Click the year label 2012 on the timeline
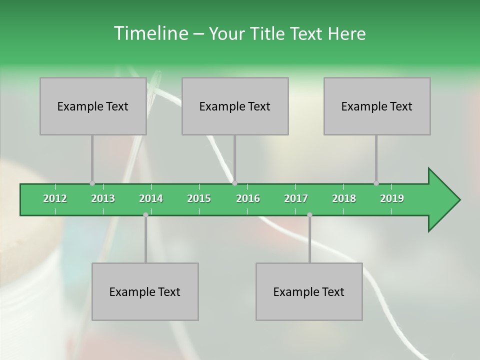coord(55,198)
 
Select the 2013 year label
coord(103,198)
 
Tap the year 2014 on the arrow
coord(151,198)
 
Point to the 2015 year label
coord(199,198)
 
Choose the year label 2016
coord(248,198)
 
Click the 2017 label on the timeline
coord(296,198)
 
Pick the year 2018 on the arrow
coord(344,198)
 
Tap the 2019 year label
coord(392,198)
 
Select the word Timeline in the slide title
coord(150,33)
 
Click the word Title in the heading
coord(268,33)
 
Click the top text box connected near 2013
coord(93,106)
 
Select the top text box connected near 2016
coord(235,106)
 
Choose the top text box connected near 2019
coord(377,106)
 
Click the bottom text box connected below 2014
coord(145,291)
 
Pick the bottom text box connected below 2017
coord(309,291)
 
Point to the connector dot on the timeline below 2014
coord(145,214)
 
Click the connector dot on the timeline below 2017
coord(309,214)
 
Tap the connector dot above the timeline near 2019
coord(376,183)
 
